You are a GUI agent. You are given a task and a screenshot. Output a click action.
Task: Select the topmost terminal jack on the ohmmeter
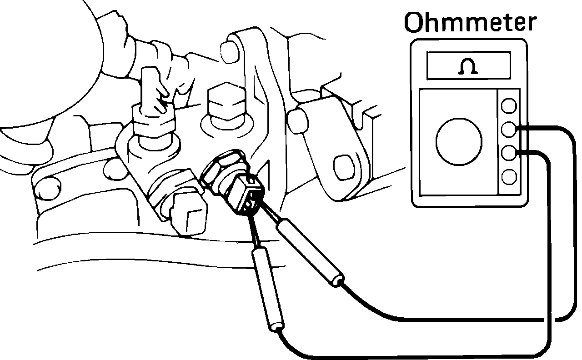(509, 106)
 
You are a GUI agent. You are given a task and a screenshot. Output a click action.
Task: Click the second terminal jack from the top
(509, 130)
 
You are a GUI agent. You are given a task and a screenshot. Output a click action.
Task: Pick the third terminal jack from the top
(509, 153)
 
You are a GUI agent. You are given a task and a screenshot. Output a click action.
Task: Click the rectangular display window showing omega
(468, 65)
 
